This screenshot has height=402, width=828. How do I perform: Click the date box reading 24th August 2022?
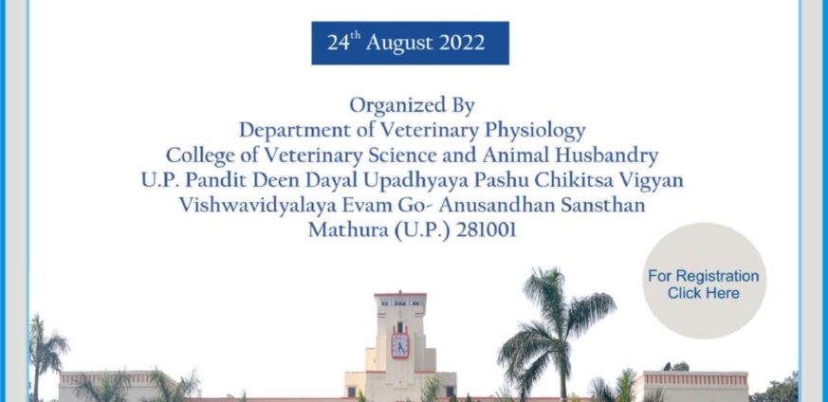[x=411, y=43]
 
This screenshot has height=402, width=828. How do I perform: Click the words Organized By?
[x=412, y=105]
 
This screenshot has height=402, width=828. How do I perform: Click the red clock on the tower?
[x=399, y=344]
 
